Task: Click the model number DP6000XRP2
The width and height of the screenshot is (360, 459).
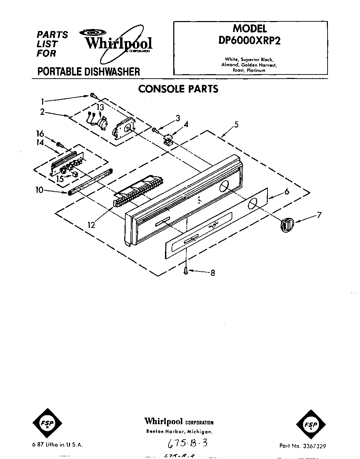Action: tap(250, 40)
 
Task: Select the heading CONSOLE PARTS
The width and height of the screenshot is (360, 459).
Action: tap(178, 89)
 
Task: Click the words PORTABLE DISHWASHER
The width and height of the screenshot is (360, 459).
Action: tap(88, 71)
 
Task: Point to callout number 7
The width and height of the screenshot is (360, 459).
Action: tap(319, 216)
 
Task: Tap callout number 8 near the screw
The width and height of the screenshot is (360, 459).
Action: tap(213, 273)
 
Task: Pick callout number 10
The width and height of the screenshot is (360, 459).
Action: tap(39, 190)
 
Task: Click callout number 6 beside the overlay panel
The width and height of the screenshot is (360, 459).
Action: tap(286, 192)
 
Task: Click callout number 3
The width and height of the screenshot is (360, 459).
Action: tap(178, 118)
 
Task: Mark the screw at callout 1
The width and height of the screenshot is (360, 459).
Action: tap(93, 95)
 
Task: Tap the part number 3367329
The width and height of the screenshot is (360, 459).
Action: tap(312, 446)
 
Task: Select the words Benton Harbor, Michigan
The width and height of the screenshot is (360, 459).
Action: tap(179, 431)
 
